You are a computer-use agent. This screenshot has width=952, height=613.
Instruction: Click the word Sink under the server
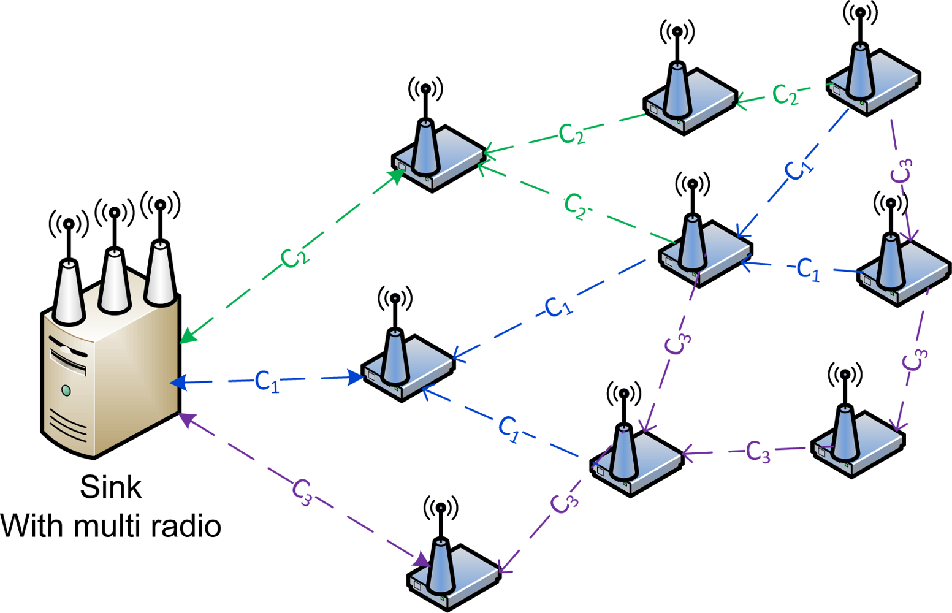(x=111, y=487)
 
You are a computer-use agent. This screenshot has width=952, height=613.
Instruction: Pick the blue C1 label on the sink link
(x=267, y=381)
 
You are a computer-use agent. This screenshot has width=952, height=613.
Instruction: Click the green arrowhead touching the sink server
(x=188, y=337)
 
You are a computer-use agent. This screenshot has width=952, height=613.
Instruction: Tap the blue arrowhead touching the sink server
(x=178, y=383)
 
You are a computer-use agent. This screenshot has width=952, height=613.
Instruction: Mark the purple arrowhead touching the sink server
(x=186, y=420)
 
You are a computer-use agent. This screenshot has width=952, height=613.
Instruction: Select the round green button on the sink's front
(x=66, y=390)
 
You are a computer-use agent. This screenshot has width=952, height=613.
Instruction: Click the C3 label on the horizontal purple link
(x=758, y=452)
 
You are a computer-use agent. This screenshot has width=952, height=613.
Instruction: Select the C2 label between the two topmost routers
(x=785, y=94)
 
